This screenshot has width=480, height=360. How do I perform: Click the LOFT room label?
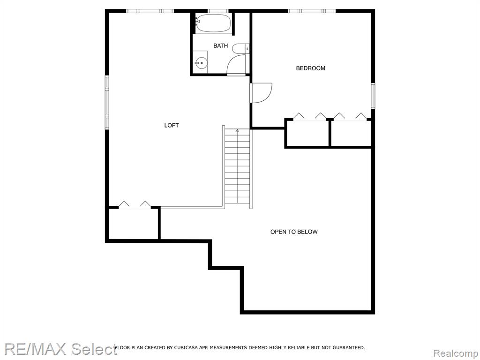[172, 125]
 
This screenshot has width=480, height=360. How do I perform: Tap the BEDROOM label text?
[310, 68]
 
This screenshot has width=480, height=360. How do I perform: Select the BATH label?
[220, 45]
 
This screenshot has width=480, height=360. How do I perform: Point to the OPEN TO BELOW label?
[294, 232]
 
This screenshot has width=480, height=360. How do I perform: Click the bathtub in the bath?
[213, 23]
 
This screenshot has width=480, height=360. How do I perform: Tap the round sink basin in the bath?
[201, 63]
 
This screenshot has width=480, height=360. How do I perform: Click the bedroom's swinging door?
[261, 93]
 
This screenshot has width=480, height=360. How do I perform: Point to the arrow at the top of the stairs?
[237, 130]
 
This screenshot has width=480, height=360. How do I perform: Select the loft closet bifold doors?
[135, 205]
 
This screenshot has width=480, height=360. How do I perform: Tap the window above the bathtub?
[218, 11]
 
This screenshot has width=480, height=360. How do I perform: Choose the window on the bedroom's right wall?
[373, 96]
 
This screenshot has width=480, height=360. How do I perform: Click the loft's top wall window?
[150, 11]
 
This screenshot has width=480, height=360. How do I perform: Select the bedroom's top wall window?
[312, 11]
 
